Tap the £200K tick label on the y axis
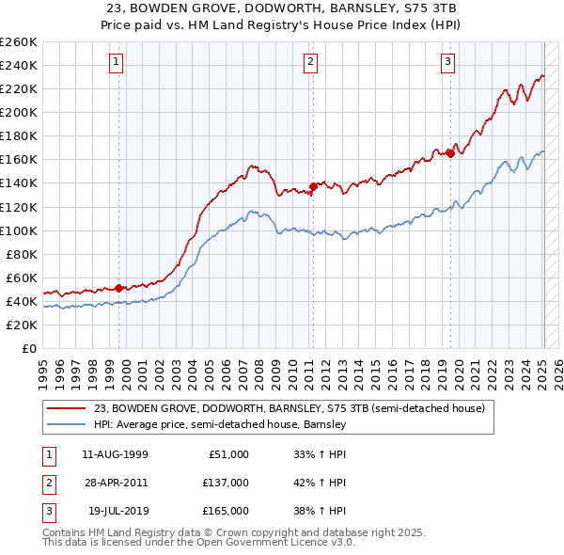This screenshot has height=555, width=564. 19,112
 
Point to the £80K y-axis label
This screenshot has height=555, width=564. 22,254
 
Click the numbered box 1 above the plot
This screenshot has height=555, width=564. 116,63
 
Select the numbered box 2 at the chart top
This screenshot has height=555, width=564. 310,63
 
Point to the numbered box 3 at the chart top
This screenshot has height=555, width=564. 447,63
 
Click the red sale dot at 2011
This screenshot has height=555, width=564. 313,186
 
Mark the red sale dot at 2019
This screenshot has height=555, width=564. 450,153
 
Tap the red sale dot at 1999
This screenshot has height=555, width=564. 119,288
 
